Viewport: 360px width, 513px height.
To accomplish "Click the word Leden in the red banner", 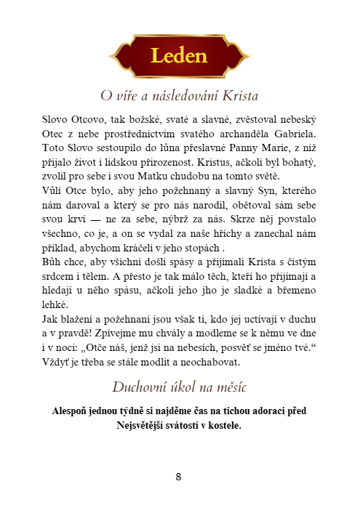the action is point(179,56).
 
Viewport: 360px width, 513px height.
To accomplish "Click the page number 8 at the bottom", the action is point(179,477).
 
